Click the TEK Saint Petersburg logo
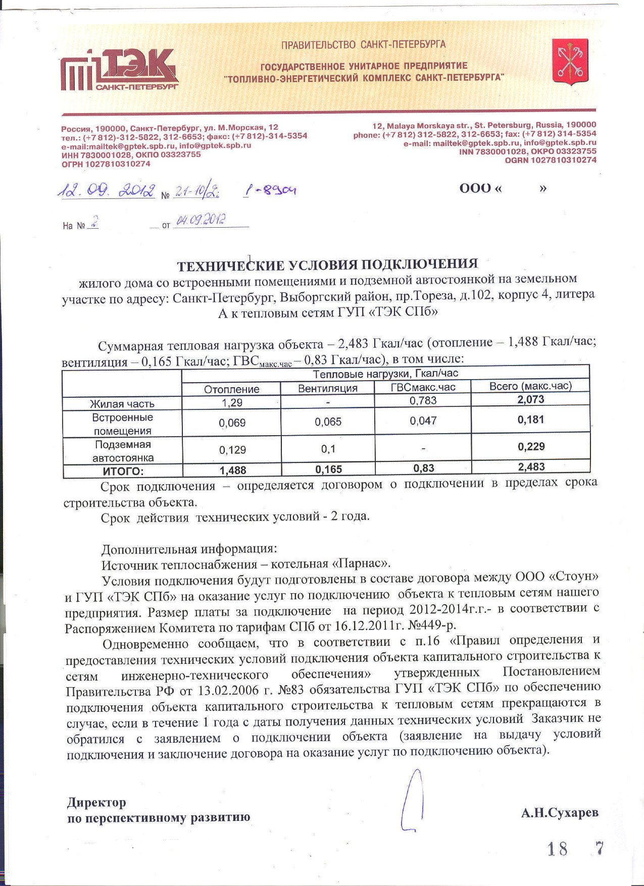[x=120, y=71]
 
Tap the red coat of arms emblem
[x=570, y=61]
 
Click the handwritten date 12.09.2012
[x=107, y=190]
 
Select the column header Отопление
[x=231, y=389]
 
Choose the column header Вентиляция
[x=328, y=388]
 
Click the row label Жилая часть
[x=122, y=404]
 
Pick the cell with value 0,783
[x=423, y=401]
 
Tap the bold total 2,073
[x=530, y=399]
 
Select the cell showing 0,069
[x=232, y=423]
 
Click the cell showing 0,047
[x=423, y=421]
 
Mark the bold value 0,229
[x=531, y=447]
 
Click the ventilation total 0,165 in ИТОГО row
[x=328, y=470]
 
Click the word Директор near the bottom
[x=96, y=802]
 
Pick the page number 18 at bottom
[x=557, y=849]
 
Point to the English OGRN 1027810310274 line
[x=550, y=160]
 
